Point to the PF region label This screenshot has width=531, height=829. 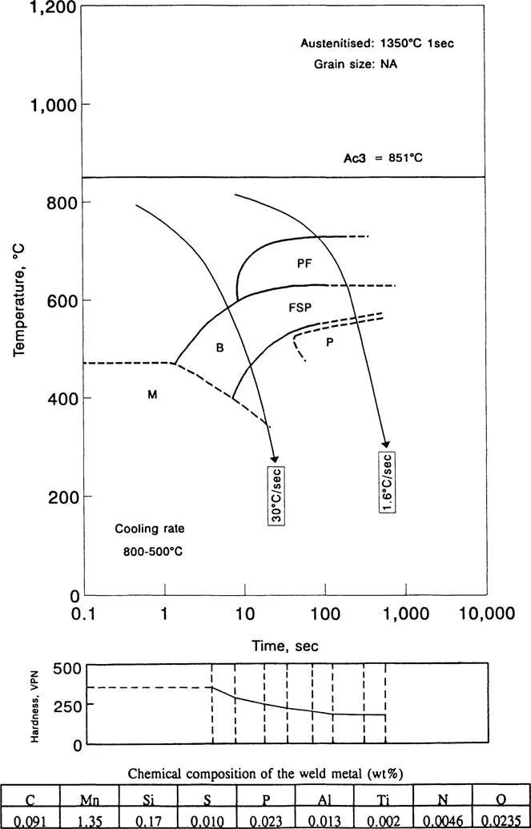304,262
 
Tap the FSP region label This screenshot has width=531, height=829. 300,307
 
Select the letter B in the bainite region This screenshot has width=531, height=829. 218,348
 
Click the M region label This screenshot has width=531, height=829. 151,394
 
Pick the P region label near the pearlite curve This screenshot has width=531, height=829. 328,342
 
